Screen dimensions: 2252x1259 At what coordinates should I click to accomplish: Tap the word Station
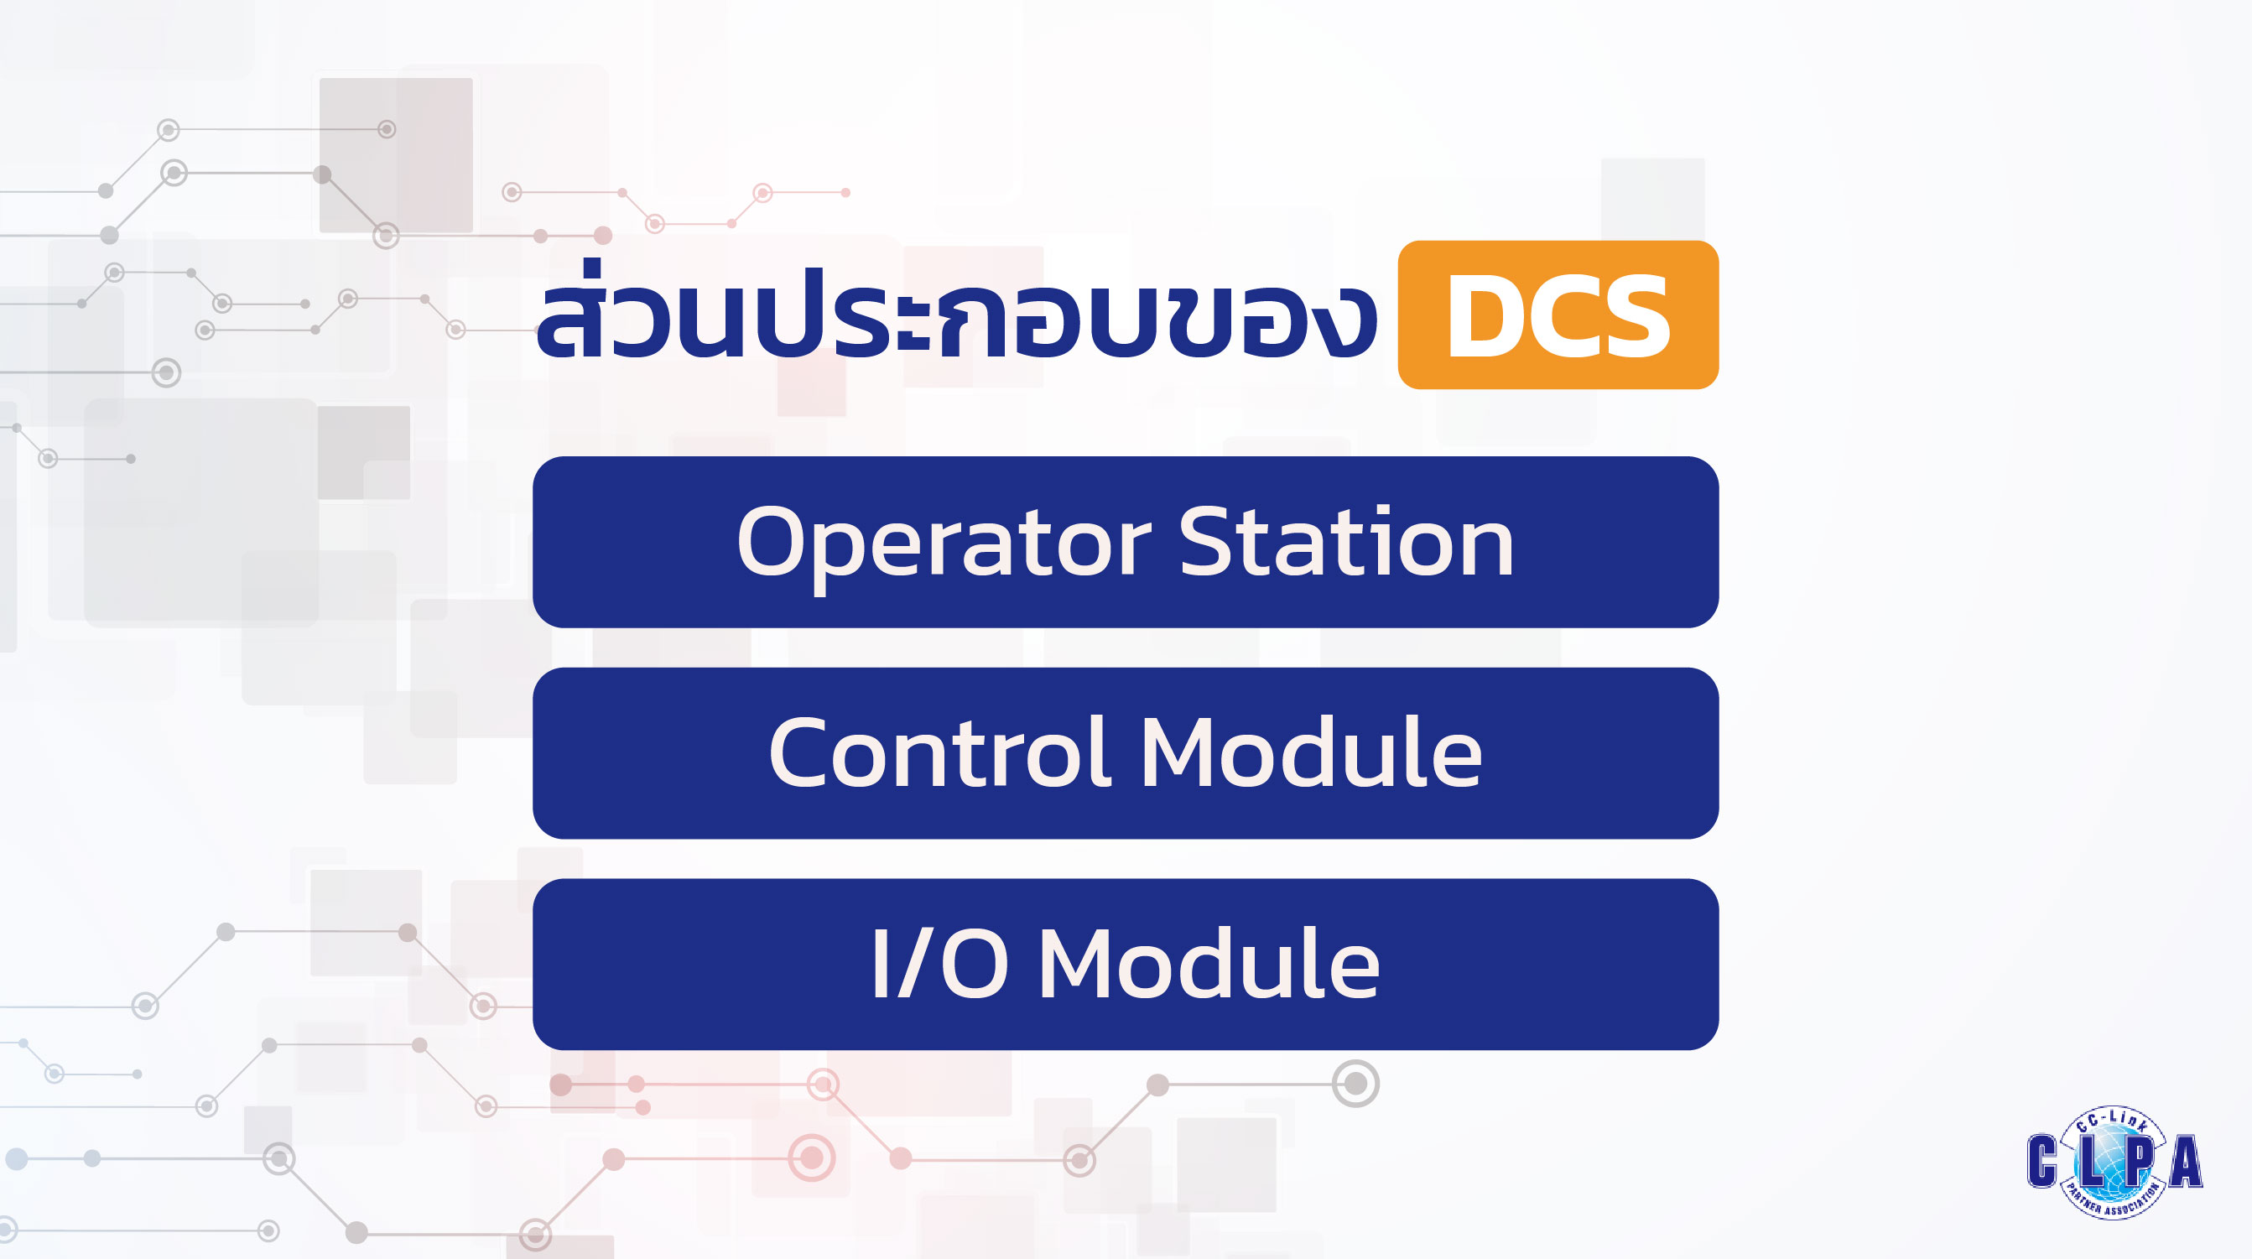tap(1346, 542)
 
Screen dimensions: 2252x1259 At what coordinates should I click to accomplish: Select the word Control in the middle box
tap(939, 752)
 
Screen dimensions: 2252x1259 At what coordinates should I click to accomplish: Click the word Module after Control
tap(1311, 752)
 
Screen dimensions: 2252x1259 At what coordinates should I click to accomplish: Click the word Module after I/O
tap(1209, 963)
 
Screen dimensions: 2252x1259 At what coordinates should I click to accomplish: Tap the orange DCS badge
tap(1558, 315)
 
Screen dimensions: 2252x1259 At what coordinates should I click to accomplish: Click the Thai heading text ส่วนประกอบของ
tap(956, 311)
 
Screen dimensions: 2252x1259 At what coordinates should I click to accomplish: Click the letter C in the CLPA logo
tap(2042, 1161)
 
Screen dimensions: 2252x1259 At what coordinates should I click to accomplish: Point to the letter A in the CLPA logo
tap(2186, 1161)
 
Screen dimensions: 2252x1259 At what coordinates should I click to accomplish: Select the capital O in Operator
tap(778, 542)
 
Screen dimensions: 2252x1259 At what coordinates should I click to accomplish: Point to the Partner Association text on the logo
tap(2113, 1201)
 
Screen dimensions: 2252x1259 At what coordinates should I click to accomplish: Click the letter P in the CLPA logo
tap(2138, 1161)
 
